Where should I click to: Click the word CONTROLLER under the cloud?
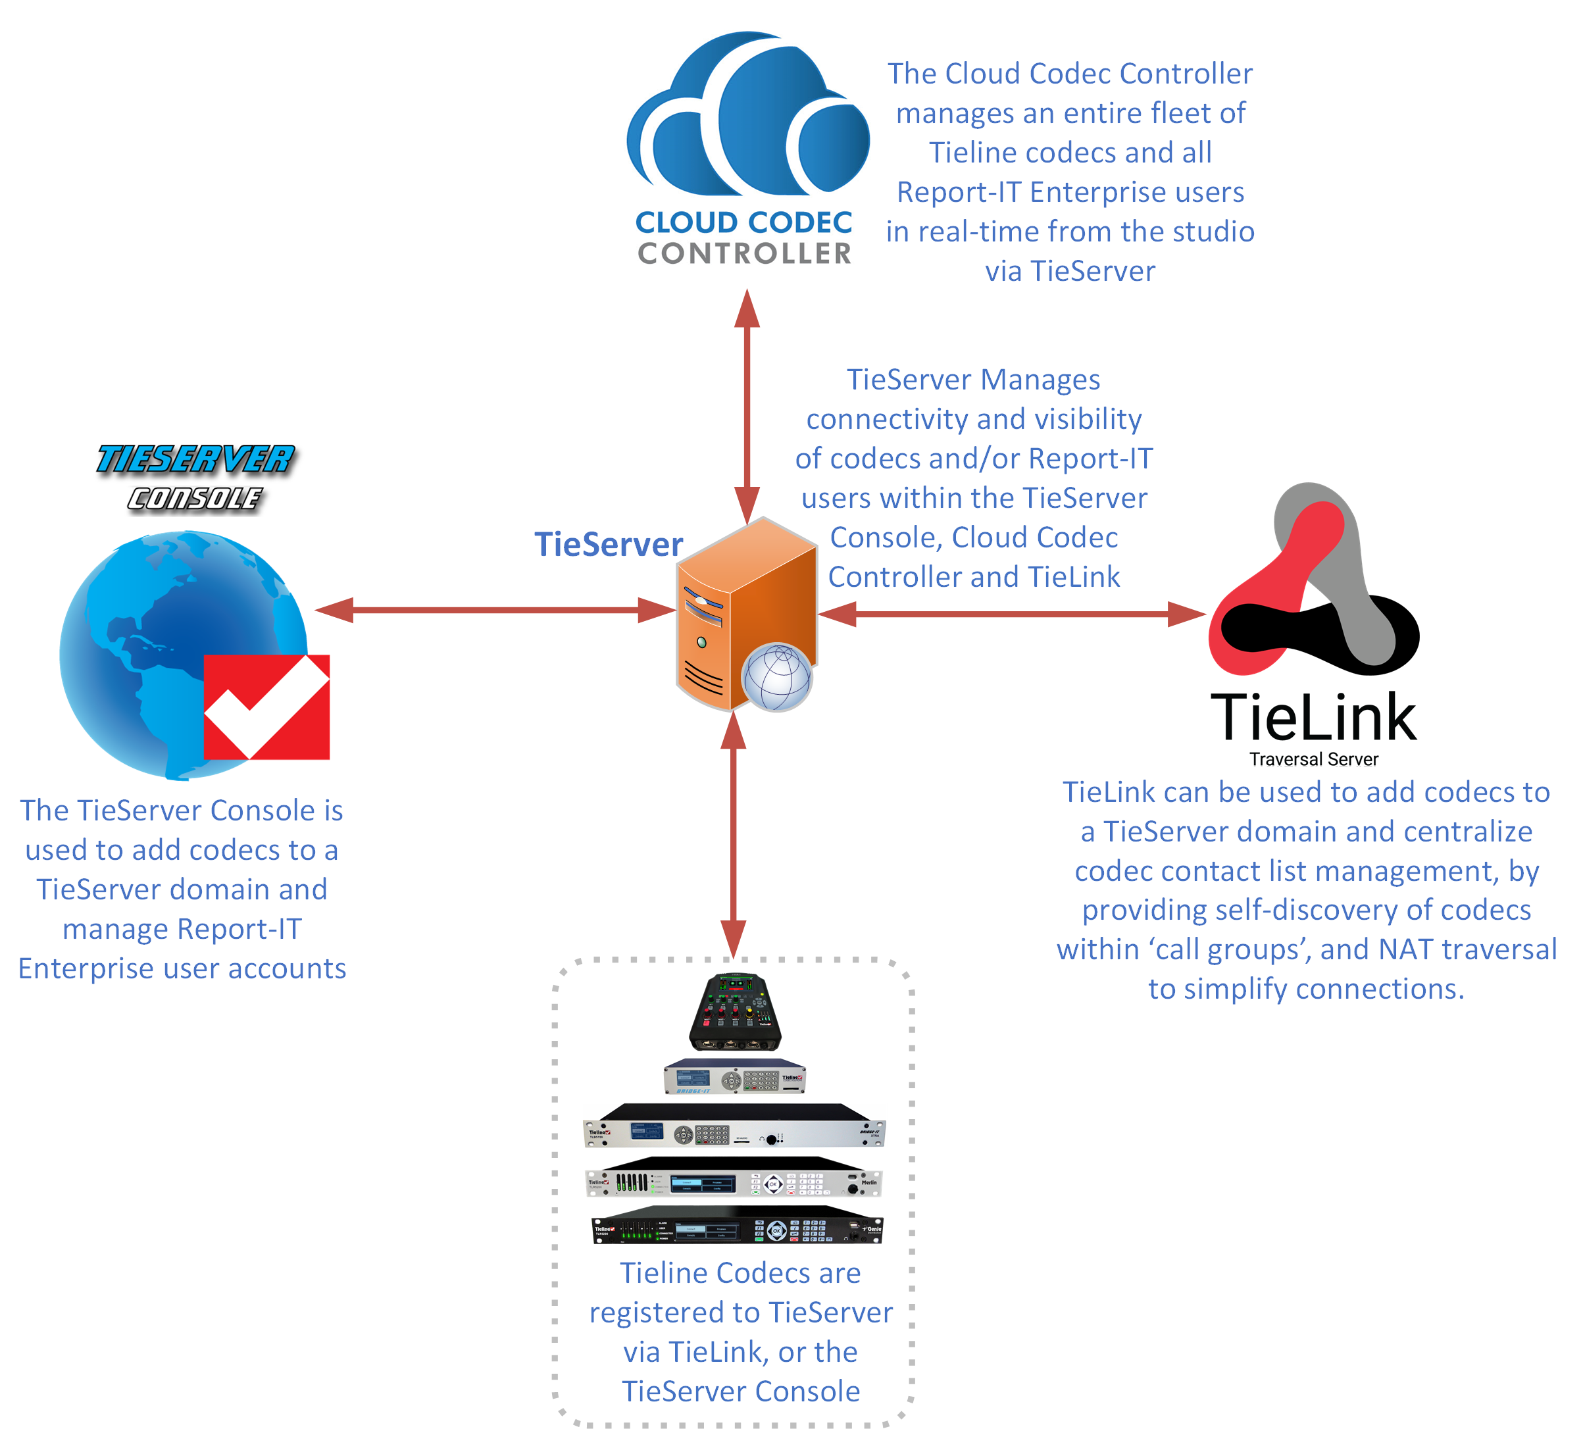point(744,253)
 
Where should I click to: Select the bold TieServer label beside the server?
point(609,545)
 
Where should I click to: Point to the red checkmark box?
point(267,707)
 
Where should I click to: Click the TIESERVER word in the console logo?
point(195,459)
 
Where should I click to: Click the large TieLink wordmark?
point(1313,718)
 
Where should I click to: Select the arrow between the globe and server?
point(495,610)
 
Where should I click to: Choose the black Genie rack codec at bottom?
point(736,1226)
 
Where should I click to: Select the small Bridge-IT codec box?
point(735,1076)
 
